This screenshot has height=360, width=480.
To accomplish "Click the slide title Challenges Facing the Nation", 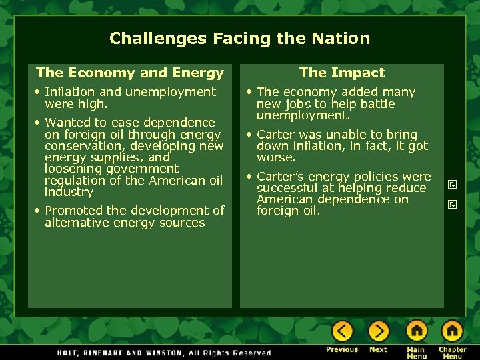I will [239, 39].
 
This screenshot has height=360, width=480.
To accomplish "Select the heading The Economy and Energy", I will [130, 73].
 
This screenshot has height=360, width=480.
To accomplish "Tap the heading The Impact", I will [342, 73].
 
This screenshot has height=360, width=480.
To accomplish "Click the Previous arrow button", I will [342, 331].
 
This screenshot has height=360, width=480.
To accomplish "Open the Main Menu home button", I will [417, 331].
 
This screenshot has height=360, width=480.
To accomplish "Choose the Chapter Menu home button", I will [452, 331].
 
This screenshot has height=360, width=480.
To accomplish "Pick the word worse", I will [275, 158].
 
